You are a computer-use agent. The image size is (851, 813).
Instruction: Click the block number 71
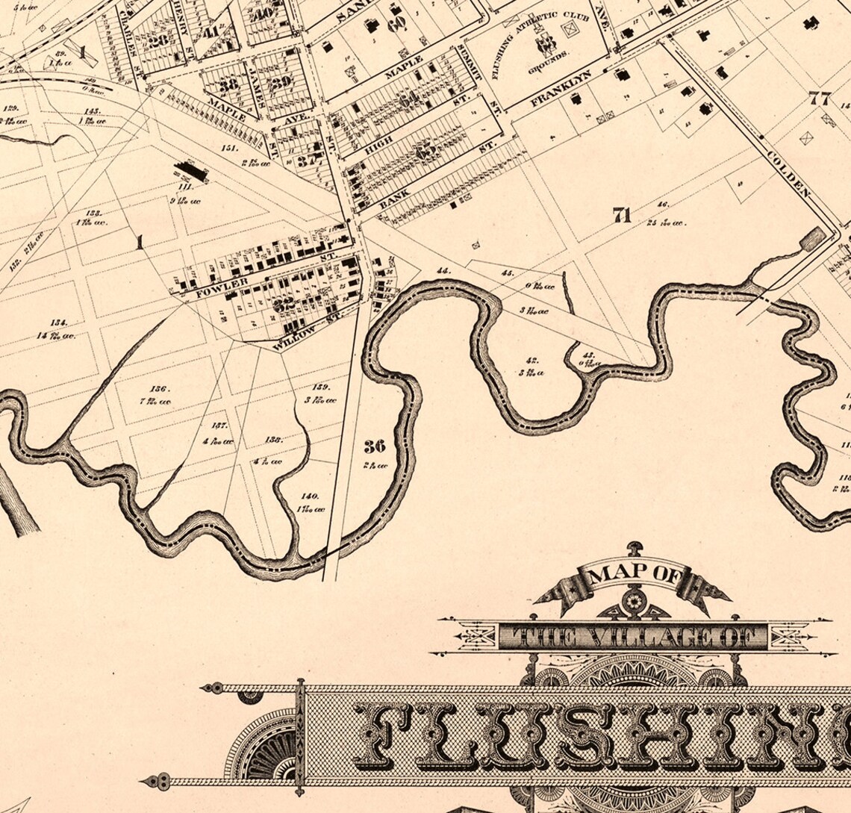tap(622, 216)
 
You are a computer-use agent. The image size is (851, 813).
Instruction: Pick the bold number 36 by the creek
tap(375, 446)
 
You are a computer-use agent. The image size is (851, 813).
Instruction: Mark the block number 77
tap(819, 98)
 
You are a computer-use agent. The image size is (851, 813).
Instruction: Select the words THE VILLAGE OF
tap(632, 636)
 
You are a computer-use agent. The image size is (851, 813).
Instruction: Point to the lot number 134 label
tap(59, 323)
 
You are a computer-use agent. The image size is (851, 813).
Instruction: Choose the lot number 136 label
tap(160, 389)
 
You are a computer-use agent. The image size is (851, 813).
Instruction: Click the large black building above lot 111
tap(191, 172)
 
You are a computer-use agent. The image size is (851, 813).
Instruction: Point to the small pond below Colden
tap(813, 240)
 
